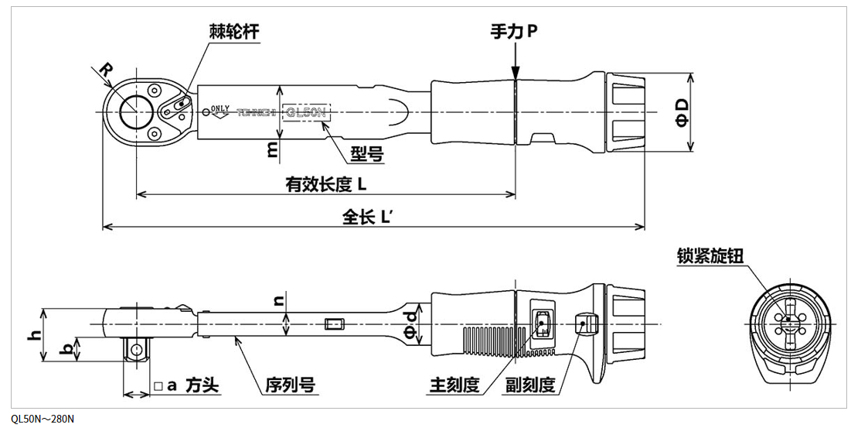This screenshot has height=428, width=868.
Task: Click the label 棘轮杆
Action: point(233,31)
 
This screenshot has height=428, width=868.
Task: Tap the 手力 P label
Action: point(513,32)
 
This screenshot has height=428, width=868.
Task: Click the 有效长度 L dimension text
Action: point(325,184)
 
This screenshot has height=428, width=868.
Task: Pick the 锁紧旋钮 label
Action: point(710,255)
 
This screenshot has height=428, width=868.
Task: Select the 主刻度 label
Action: point(454,385)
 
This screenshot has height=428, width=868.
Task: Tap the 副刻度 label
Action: point(530,385)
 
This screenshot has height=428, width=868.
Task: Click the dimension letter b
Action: point(68,348)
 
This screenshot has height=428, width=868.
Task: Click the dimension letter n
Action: point(279,299)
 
